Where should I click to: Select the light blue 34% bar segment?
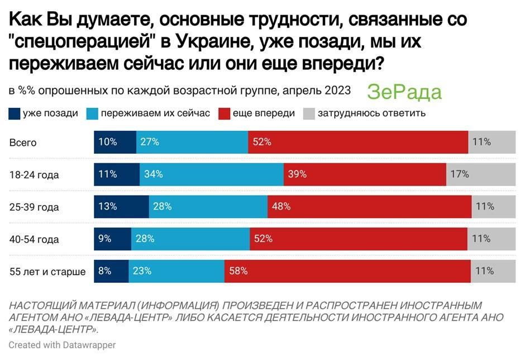(211, 174)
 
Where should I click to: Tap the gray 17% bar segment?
(481, 174)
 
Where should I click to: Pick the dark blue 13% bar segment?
(121, 206)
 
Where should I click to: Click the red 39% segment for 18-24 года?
(364, 174)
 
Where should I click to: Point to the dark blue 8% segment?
(111, 271)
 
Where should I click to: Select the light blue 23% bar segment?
(176, 271)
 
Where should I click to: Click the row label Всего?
(23, 143)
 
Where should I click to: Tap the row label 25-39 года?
(34, 207)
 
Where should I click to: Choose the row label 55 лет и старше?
(47, 272)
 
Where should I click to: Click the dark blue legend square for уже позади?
(15, 113)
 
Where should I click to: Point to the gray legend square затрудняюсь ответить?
(309, 113)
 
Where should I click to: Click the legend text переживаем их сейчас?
(155, 113)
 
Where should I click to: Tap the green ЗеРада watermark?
(404, 92)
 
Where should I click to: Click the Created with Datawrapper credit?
(62, 345)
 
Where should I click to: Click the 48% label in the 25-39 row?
(281, 206)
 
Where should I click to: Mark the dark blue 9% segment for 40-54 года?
(112, 239)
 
